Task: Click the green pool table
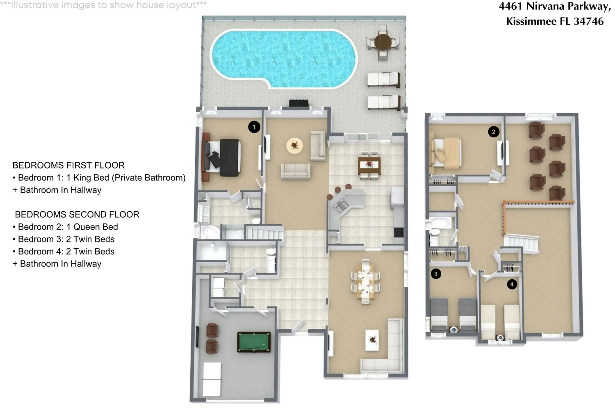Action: [254, 342]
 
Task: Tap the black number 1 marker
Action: [254, 127]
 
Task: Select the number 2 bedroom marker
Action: [493, 132]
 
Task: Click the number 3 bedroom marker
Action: [436, 274]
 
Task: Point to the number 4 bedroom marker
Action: [512, 284]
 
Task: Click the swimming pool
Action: [284, 58]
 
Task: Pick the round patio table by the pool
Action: [383, 42]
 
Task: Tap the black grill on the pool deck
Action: [299, 103]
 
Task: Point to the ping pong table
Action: [212, 379]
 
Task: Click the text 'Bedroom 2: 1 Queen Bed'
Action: [68, 227]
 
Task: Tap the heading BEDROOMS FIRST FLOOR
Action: [68, 165]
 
